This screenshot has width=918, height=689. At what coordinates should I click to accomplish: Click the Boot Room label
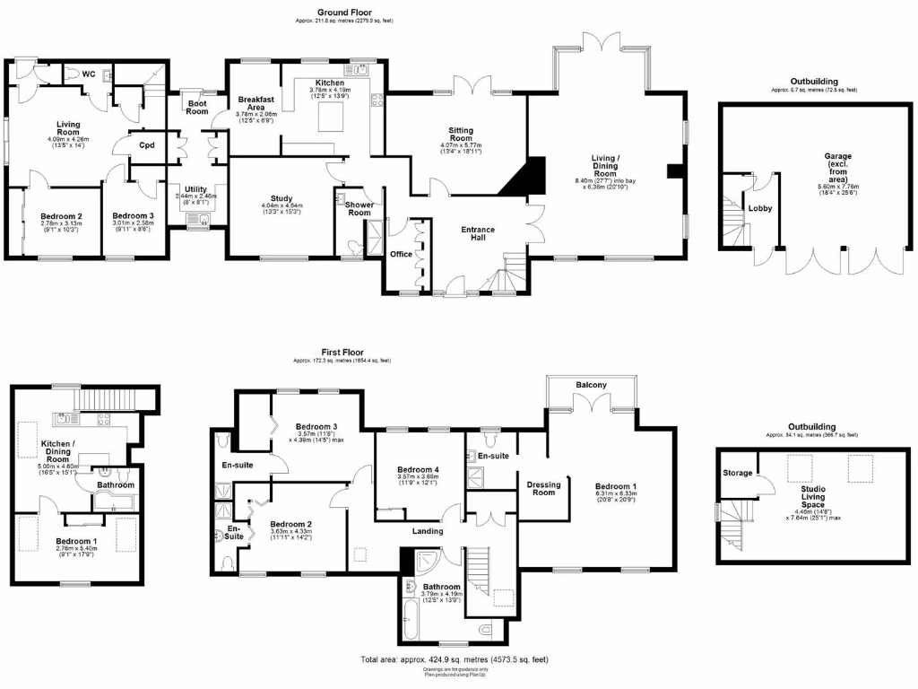197,107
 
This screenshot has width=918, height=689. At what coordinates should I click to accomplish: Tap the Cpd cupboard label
146,147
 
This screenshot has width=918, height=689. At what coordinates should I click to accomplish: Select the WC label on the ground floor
89,74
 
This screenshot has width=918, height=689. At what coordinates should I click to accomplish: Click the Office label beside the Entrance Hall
400,255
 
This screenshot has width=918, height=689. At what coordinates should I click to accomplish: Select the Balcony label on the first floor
591,386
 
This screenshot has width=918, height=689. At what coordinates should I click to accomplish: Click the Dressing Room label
543,489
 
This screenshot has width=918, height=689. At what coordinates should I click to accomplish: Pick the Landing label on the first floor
428,531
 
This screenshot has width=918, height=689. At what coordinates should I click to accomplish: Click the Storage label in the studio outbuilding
738,473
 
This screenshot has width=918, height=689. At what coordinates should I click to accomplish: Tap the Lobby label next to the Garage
761,208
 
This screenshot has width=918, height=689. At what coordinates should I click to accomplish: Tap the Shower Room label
359,208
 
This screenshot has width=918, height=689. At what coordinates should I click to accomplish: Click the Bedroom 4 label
418,470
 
